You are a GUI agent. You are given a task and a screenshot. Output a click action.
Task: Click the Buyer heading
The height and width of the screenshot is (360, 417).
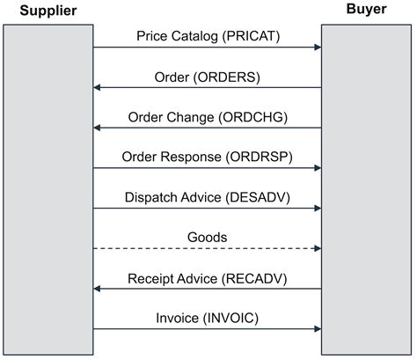(364, 11)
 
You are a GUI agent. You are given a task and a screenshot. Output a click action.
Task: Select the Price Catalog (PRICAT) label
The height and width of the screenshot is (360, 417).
(207, 36)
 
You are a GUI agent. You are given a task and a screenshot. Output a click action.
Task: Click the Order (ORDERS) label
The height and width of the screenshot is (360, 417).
(207, 77)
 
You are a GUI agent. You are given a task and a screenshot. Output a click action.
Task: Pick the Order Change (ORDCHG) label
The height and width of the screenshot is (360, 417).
(207, 117)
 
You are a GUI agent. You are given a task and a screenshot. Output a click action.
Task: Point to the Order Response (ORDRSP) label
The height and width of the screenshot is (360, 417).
(207, 158)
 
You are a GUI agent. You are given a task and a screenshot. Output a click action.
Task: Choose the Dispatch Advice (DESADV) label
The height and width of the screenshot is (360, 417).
(207, 197)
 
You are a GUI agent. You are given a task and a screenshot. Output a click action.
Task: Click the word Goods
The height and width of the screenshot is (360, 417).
(207, 238)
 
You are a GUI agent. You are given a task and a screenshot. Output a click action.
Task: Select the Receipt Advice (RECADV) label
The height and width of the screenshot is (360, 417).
(207, 278)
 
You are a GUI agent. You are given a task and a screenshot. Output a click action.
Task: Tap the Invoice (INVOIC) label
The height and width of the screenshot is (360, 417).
(207, 318)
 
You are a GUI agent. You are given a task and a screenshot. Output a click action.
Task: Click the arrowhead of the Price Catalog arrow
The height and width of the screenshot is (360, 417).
(317, 48)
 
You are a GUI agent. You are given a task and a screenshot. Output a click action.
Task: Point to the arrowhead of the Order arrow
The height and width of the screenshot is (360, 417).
(98, 88)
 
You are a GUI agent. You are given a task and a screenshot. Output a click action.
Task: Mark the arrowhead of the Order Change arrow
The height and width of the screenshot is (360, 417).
(98, 129)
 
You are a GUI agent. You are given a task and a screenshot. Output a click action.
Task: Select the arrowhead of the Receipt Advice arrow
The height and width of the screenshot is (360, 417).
(98, 290)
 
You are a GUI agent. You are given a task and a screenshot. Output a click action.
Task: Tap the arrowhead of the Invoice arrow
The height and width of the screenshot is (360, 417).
(317, 329)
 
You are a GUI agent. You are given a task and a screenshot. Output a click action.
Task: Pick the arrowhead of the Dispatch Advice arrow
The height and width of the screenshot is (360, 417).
(317, 209)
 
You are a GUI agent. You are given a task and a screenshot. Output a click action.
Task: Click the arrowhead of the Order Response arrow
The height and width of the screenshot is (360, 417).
(317, 169)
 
